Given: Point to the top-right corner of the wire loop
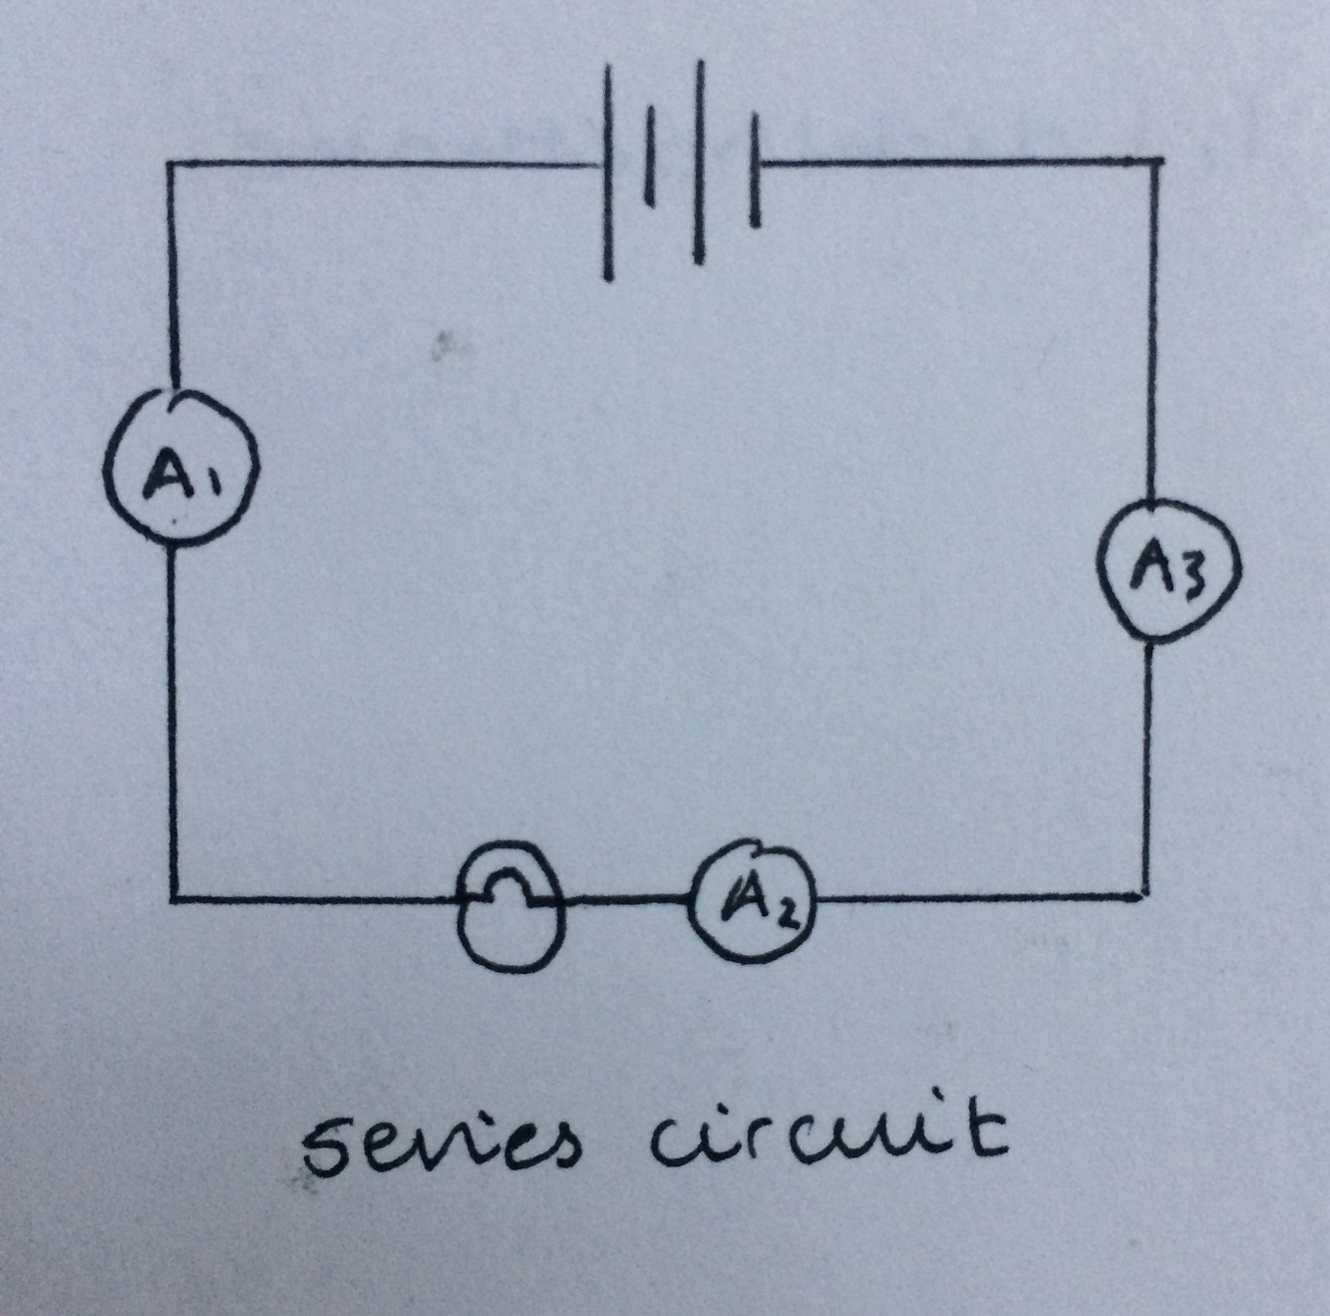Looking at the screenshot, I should (x=1158, y=160).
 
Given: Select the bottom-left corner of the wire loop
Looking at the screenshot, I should (x=174, y=898).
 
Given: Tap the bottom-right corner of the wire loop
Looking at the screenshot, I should (x=1146, y=895).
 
